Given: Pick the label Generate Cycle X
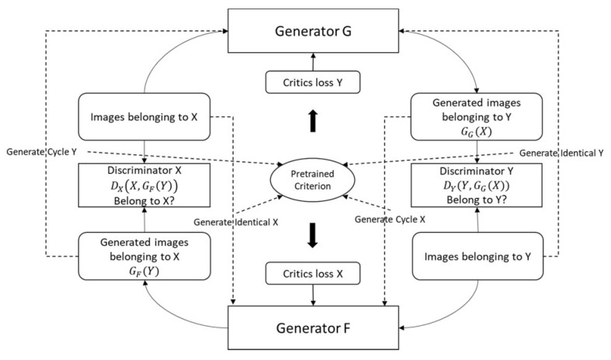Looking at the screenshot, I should point(389,220).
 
